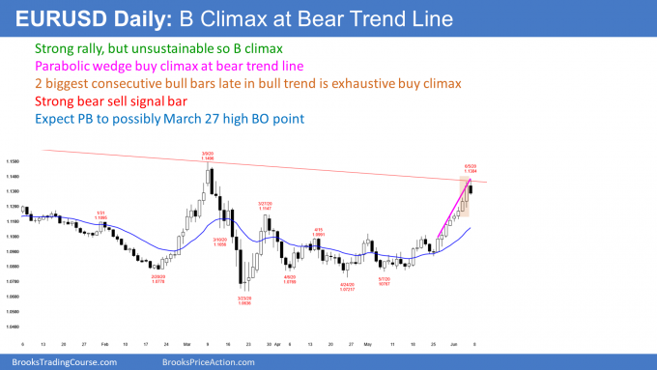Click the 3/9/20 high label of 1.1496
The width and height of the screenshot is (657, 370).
point(209,159)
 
